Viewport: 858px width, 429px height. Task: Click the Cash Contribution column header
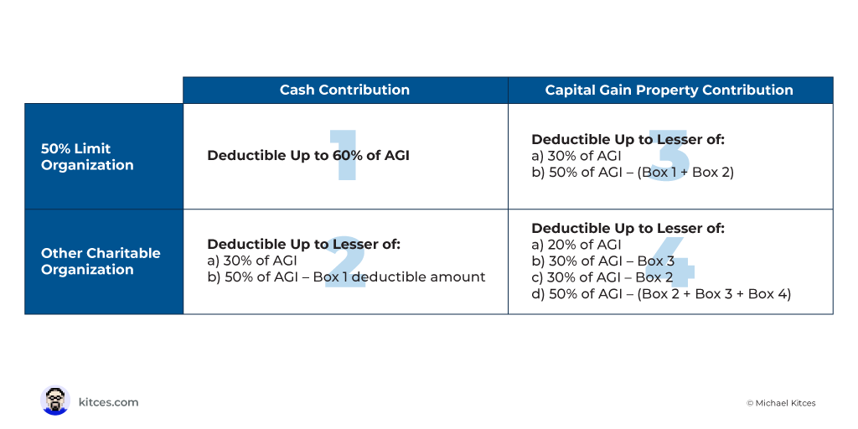[x=344, y=90]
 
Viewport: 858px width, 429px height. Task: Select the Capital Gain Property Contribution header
[x=669, y=90]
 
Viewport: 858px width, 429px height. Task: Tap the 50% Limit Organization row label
[x=87, y=157]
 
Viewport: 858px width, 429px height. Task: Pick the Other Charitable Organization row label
[x=101, y=261]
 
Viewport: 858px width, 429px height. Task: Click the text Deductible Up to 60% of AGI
[x=308, y=155]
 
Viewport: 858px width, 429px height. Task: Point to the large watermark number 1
[x=344, y=155]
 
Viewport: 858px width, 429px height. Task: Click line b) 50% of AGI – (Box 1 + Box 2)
[x=633, y=173]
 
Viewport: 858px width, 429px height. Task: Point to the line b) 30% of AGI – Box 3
[x=603, y=261]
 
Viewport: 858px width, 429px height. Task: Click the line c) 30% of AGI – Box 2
[x=602, y=277]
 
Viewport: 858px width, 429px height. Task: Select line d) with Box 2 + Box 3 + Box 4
[x=661, y=294]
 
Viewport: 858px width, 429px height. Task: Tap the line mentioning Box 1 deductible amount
[x=346, y=277]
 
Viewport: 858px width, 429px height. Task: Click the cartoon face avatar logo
[x=54, y=401]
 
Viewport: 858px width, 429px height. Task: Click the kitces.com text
[x=108, y=402]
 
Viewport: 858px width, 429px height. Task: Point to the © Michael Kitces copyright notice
[x=781, y=403]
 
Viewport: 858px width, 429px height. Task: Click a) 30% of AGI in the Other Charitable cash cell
[x=251, y=261]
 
